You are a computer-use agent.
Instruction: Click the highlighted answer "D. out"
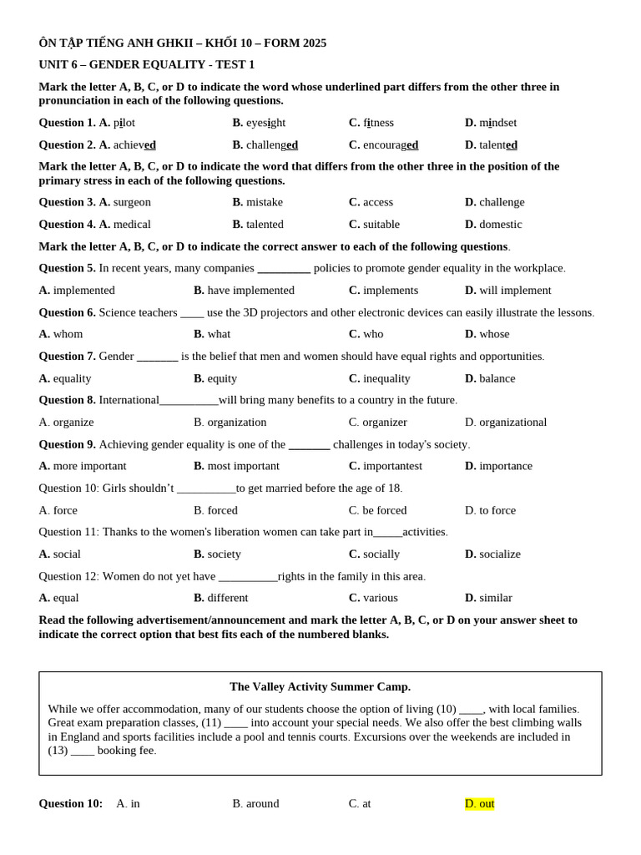coord(479,803)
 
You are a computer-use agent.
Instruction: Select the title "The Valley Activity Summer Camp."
coord(320,686)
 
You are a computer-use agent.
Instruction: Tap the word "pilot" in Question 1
coord(124,123)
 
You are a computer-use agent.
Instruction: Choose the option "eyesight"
coord(265,123)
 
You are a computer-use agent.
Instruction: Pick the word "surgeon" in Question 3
coord(132,202)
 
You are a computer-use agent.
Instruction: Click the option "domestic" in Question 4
coord(500,224)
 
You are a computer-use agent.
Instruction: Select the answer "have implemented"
coord(250,290)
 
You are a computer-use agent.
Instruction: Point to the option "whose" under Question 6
coord(494,334)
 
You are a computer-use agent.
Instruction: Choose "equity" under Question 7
coord(222,378)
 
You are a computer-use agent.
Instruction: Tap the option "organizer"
coord(385,422)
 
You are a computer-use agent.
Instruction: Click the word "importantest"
coord(392,466)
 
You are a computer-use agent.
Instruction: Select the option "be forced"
coord(385,510)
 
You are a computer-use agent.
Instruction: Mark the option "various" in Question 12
coord(380,598)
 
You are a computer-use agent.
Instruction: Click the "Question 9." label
coord(67,444)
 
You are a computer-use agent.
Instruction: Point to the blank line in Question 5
coord(284,269)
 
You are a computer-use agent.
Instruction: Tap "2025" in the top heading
coord(315,43)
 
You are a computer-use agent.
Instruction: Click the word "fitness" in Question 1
coord(378,123)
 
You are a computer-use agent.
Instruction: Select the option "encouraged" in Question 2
coord(390,144)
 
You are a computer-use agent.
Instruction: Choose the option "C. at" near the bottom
coord(360,803)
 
